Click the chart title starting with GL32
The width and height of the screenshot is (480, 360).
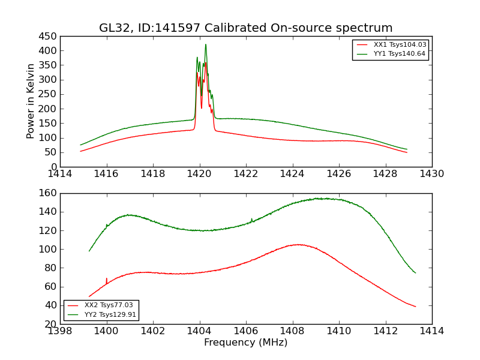245,28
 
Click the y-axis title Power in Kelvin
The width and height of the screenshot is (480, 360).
31,101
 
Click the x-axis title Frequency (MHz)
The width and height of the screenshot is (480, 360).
245,343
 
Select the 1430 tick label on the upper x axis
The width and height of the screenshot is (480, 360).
431,174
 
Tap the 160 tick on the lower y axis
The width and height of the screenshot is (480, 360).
49,193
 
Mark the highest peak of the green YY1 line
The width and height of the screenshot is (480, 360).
205,44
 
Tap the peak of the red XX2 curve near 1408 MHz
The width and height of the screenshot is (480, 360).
298,244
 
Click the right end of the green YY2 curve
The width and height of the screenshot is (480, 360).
415,273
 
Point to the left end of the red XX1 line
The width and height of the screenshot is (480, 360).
80,151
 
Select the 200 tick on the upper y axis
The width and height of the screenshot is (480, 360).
49,109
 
